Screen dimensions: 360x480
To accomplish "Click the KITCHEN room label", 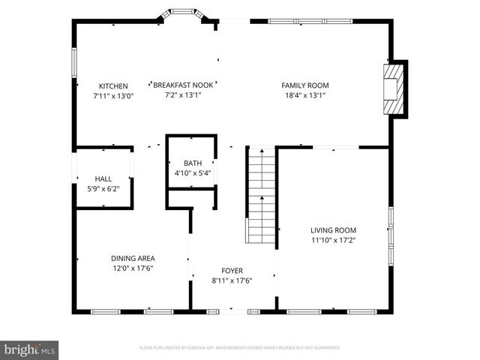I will (x=113, y=86).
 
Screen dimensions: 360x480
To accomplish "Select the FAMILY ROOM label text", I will (x=305, y=85).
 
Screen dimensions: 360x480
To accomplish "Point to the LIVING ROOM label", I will (x=334, y=230).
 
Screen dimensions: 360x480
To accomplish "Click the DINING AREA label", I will (x=133, y=258).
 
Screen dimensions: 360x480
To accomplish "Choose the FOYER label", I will (x=232, y=271).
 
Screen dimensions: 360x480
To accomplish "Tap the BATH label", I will (x=193, y=163).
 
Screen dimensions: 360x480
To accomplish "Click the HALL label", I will (x=103, y=178).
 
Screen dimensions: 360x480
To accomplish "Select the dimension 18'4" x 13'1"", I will (x=305, y=95).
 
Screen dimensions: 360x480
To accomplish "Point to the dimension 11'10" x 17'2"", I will (x=334, y=241).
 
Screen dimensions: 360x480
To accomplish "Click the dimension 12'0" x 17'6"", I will (x=133, y=268).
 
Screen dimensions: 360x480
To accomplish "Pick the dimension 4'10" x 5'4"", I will (x=193, y=173).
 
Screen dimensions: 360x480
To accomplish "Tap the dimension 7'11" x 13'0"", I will (x=113, y=96).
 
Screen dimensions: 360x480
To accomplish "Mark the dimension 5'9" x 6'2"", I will (x=103, y=188).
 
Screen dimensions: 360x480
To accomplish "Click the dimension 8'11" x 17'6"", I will (x=232, y=280).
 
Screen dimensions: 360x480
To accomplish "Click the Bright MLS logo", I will (x=30, y=349).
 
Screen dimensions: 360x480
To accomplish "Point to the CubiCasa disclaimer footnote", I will (x=240, y=348).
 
